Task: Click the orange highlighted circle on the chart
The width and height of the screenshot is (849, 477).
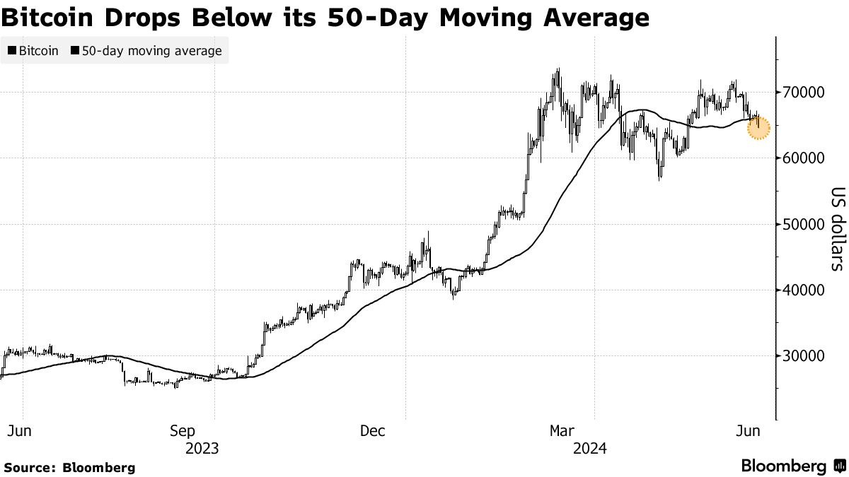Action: coord(758,129)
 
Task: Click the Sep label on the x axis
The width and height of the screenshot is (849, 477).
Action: coord(183,431)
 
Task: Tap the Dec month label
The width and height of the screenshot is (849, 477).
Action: coord(373,431)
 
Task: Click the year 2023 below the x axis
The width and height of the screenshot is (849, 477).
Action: coord(202,448)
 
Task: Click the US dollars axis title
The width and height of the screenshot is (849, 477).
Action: coord(837,229)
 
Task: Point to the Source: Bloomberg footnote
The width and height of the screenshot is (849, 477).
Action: coord(69,467)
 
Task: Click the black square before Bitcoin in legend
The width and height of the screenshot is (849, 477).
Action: coord(12,51)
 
